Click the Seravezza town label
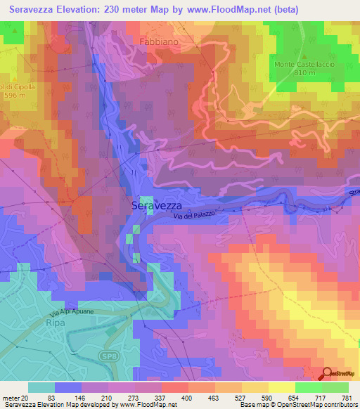pyautogui.click(x=157, y=205)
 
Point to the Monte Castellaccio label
pyautogui.click(x=304, y=64)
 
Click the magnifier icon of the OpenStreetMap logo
pyautogui.click(x=326, y=374)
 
